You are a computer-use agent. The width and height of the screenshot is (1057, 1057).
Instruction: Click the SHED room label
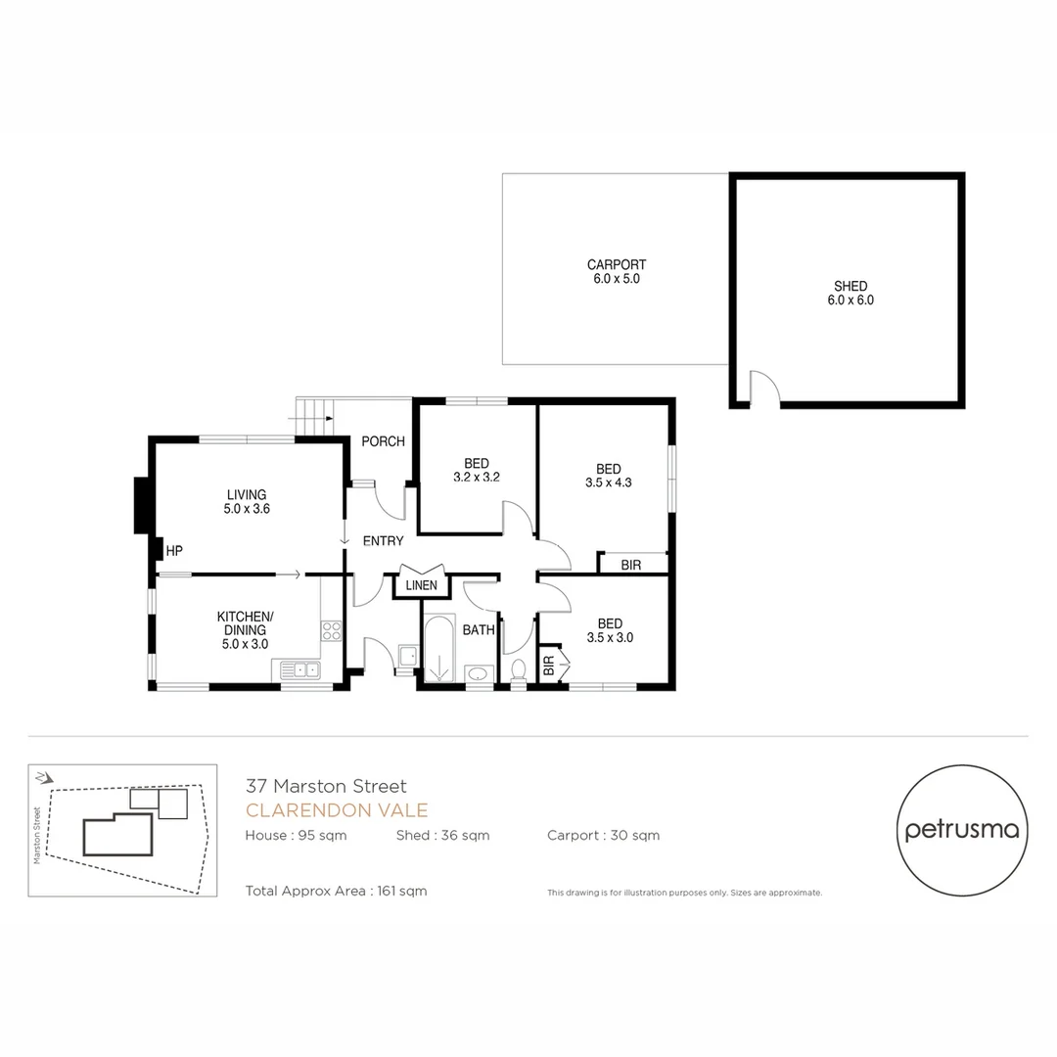point(850,294)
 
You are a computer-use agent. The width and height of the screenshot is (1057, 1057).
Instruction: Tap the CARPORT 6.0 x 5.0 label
point(616,272)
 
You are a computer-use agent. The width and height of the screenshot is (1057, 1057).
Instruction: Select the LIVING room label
point(247,501)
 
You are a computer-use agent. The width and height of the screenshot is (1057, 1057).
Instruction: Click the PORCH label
point(383,441)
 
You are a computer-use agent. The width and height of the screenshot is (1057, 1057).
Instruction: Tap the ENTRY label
point(383,541)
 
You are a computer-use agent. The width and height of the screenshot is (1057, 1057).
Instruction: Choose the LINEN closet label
point(421,585)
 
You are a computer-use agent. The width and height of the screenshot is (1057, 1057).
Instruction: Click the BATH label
point(479,630)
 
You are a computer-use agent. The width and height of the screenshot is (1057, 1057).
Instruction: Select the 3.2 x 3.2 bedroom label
point(477,471)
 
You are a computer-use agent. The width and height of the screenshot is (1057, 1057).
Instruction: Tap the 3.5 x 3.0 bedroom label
point(609,630)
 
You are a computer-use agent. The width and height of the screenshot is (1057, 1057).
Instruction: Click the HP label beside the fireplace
point(174,551)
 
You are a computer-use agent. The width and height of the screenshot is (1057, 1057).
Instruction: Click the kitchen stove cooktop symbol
point(332,631)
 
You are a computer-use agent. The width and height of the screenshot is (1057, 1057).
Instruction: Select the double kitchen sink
point(300,670)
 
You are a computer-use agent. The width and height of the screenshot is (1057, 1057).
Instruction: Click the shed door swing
point(763,389)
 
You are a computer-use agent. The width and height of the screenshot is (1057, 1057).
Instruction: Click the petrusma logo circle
point(961,830)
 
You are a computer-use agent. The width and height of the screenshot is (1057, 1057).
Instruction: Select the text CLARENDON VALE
point(337,810)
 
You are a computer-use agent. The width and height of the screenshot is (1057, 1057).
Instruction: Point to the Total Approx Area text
point(337,891)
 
